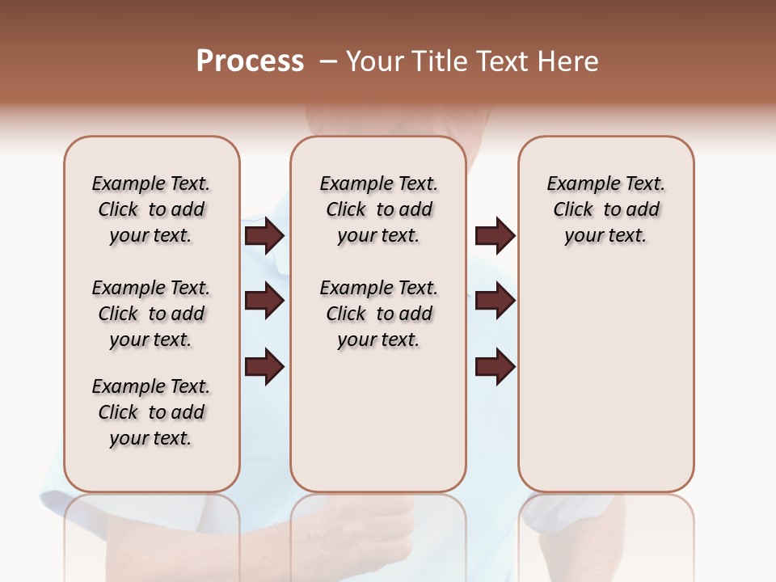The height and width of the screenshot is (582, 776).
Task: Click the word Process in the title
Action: point(250,61)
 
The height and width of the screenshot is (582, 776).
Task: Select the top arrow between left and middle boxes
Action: point(264,235)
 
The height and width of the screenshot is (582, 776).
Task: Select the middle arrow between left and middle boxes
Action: point(264,302)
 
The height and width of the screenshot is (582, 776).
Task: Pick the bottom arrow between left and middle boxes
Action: point(264,366)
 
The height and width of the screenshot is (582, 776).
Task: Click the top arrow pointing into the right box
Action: point(495,235)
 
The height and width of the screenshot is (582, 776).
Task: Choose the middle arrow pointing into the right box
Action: point(495,302)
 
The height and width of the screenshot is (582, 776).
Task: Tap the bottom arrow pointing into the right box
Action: point(495,366)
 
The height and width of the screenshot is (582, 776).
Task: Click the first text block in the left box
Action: point(151,209)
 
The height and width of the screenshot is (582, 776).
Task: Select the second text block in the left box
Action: point(151,314)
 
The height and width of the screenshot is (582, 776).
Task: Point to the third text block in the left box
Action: point(151,412)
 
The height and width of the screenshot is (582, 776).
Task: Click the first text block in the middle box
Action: point(378,209)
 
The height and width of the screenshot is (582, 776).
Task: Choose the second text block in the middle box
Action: point(378,314)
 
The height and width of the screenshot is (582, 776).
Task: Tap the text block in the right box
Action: point(606,209)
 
